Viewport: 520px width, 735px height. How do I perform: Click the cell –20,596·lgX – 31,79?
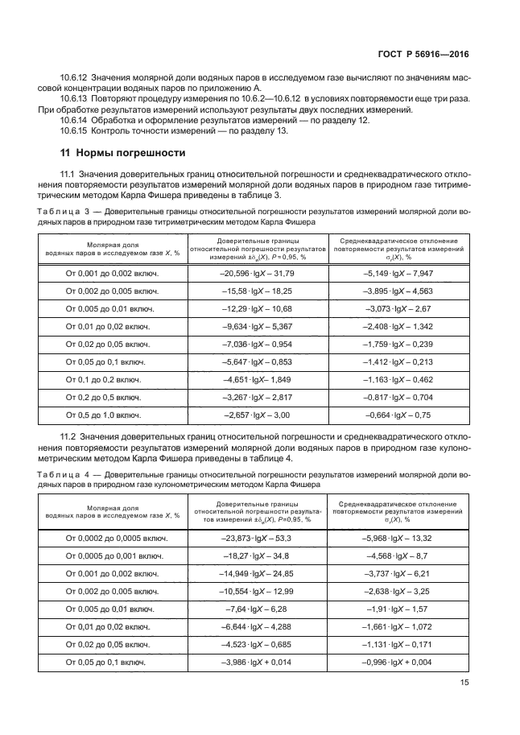coord(258,273)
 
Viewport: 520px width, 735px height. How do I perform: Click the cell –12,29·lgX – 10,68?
coord(258,308)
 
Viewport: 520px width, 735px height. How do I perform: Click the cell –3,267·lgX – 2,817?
coord(258,397)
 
